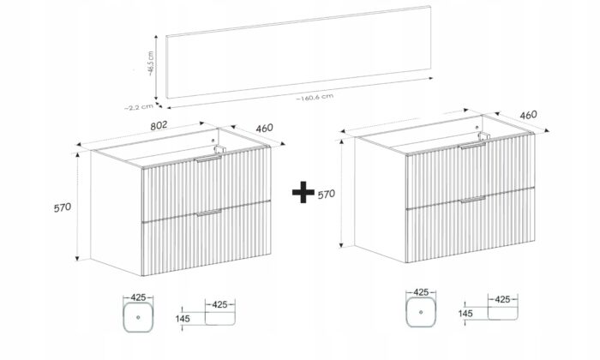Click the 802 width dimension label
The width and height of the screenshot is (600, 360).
point(159,125)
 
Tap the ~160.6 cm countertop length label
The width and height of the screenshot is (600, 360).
point(315,98)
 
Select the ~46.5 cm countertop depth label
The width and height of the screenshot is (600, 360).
point(151,63)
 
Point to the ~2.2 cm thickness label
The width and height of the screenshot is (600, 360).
point(139,107)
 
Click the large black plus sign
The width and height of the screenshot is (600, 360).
point(303,192)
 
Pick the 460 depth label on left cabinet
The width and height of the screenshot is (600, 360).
point(264,129)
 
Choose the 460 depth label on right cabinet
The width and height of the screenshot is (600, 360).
point(529,115)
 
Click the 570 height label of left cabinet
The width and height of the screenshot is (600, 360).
point(63,207)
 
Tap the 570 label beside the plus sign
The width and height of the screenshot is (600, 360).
point(326,195)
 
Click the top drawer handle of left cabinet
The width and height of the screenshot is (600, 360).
point(208,159)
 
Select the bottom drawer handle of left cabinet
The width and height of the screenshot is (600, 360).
point(209,213)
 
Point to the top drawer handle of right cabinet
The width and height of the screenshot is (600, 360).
point(473,146)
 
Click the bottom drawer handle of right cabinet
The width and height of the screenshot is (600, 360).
point(473,200)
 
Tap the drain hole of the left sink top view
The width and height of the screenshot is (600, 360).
point(138,317)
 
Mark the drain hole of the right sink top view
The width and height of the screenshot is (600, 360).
point(421,312)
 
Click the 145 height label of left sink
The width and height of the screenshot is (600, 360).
point(183,318)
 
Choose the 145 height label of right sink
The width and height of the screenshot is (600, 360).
point(465,314)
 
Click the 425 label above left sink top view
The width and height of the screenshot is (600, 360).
point(138,297)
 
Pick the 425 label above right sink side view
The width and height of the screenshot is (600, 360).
point(502,299)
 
